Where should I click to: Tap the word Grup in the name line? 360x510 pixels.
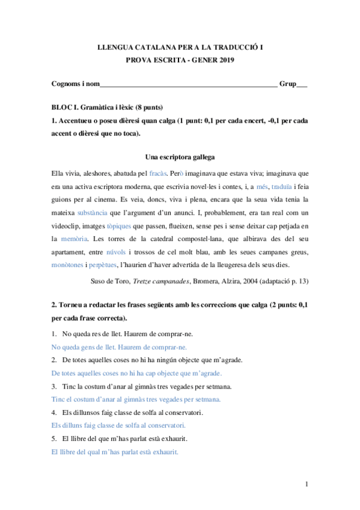(x=288, y=84)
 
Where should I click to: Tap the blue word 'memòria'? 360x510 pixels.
(x=76, y=239)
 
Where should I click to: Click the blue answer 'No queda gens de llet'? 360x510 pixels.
(x=84, y=347)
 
